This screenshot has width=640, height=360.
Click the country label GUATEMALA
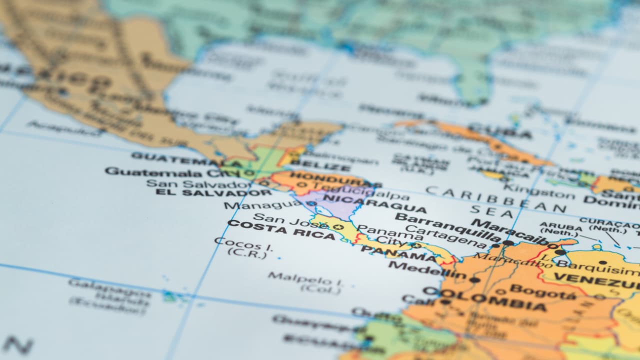(186, 159)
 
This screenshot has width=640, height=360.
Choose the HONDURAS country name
(327, 177)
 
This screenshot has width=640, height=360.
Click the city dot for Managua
(311, 203)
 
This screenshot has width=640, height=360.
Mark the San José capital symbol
(338, 227)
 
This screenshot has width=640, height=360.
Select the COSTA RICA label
(281, 229)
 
